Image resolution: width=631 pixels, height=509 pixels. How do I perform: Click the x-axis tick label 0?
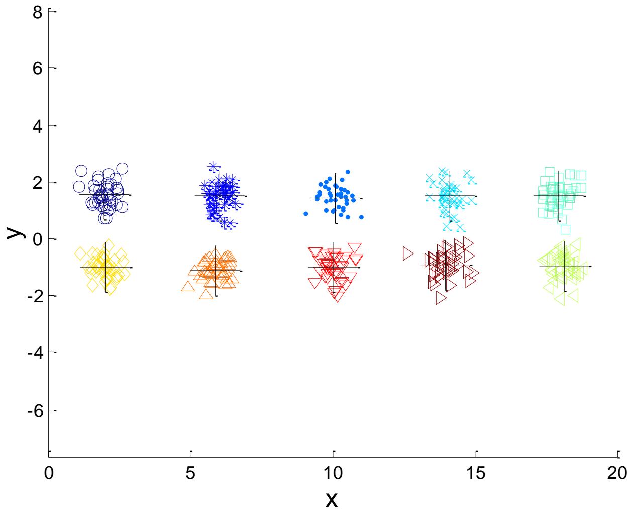click(x=49, y=473)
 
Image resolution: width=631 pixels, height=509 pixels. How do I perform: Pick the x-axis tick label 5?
click(x=190, y=473)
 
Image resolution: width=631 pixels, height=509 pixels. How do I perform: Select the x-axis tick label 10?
click(x=333, y=473)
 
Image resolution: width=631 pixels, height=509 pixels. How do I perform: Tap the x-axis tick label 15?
click(x=476, y=473)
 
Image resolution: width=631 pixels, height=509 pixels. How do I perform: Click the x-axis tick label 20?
click(x=617, y=473)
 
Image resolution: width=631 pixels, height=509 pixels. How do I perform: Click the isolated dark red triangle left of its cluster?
click(x=408, y=253)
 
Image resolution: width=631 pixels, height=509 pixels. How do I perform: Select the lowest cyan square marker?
click(x=565, y=229)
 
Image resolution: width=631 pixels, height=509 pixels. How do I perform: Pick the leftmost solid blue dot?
click(x=305, y=214)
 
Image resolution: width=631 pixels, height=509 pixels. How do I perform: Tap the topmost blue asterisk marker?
click(x=213, y=166)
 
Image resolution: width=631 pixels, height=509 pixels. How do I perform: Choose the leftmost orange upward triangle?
click(x=187, y=286)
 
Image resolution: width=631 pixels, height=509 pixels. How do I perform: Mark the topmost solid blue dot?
click(x=347, y=172)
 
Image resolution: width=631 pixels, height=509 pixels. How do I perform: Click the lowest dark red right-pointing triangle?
click(x=441, y=298)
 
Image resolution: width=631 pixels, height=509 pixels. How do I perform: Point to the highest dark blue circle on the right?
click(x=122, y=169)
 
